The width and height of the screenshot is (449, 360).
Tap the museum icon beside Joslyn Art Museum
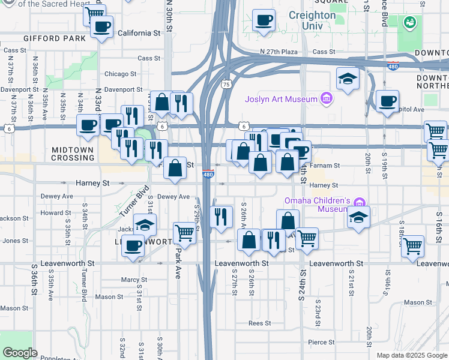point(327,98)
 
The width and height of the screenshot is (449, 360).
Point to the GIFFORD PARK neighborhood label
point(51,38)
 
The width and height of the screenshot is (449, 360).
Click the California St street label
point(142,33)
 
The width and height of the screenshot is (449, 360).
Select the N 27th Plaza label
point(279,52)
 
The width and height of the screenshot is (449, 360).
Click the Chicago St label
point(121,74)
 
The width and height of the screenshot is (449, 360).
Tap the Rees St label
point(259,323)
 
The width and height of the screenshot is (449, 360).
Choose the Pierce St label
point(321,343)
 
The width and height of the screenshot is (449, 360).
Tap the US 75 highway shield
point(226,85)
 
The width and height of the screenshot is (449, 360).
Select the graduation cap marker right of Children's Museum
point(358,217)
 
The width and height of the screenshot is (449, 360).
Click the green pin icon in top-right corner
point(411,23)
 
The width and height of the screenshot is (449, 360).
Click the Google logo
point(20,353)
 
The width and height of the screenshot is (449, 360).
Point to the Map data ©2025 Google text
point(411,355)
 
